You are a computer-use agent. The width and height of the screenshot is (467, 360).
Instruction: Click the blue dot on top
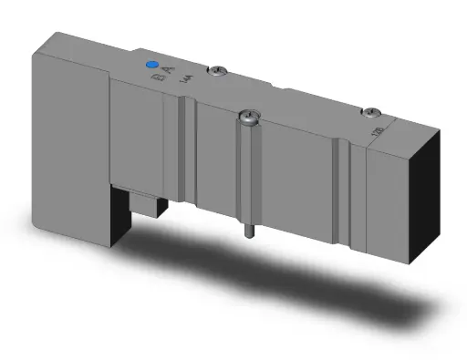(153, 66)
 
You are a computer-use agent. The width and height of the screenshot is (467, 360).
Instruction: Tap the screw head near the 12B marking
(369, 112)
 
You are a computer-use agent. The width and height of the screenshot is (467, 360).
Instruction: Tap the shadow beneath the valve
(274, 273)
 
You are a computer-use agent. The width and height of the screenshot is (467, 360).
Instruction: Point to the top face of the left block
(91, 50)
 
